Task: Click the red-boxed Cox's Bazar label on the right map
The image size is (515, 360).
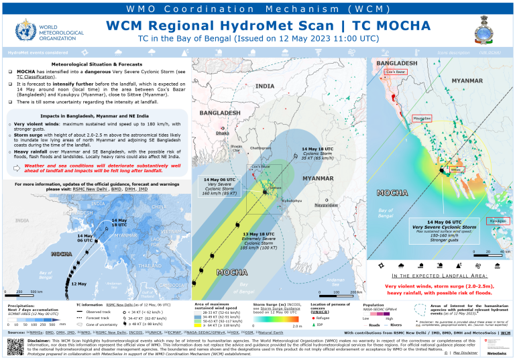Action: (396, 71)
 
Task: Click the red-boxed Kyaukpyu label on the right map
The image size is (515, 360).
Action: (497, 221)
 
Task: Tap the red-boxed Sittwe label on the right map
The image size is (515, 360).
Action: (457, 170)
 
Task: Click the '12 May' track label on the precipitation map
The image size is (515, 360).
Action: (79, 284)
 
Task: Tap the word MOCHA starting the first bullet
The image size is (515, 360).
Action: (27, 71)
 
